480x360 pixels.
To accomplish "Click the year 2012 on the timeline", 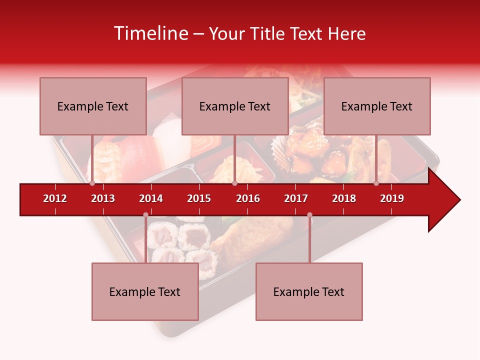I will [x=55, y=198].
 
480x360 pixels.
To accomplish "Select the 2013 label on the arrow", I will [x=103, y=198].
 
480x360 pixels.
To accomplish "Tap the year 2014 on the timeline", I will [x=151, y=198].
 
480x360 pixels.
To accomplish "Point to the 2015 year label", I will [x=199, y=198].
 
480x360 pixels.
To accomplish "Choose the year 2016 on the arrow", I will [x=248, y=198].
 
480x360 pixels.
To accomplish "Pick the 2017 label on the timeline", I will [x=296, y=198].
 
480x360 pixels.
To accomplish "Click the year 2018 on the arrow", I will [x=344, y=198].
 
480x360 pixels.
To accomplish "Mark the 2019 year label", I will [x=392, y=198].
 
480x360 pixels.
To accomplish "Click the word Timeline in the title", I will [x=150, y=33].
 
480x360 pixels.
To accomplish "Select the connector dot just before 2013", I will [x=92, y=183].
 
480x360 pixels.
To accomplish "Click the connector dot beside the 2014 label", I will [x=145, y=215].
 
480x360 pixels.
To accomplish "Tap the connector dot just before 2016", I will [x=234, y=183].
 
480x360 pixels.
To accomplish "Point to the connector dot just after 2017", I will [x=309, y=215].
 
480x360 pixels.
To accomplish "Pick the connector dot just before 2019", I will [x=376, y=183].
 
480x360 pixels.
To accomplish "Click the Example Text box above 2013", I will [x=93, y=106].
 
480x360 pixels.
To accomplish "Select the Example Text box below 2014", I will [x=145, y=291].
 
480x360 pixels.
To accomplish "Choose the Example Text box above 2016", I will [x=235, y=106].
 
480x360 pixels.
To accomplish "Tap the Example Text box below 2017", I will [x=309, y=291].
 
